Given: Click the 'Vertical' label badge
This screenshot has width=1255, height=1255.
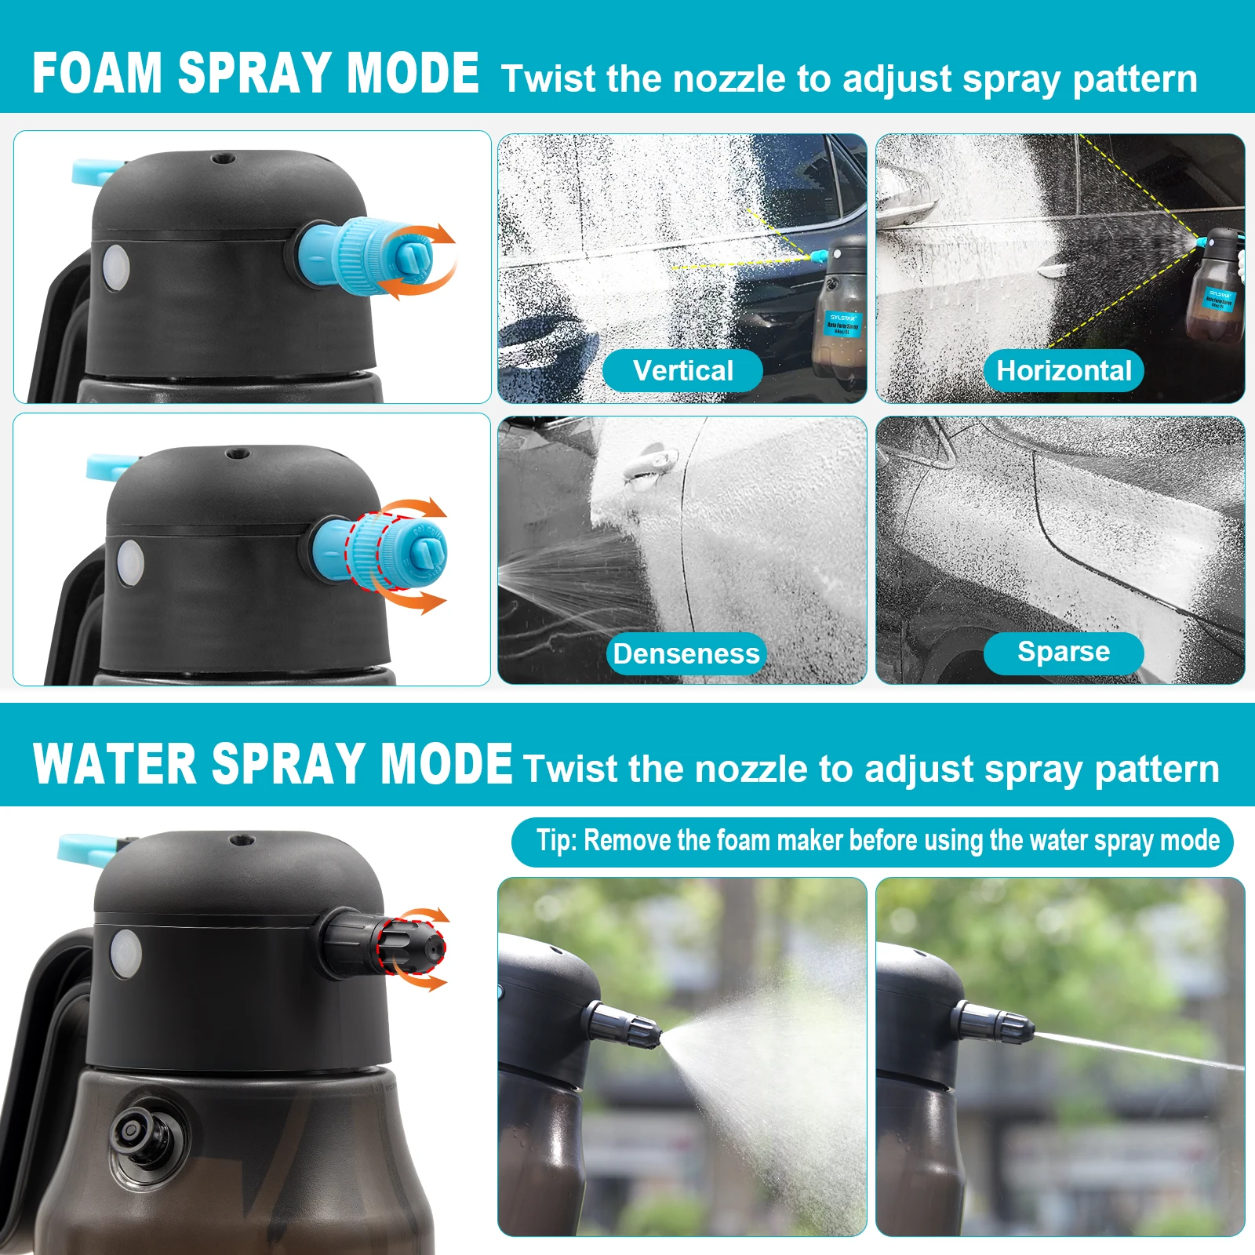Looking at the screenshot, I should click(x=682, y=371).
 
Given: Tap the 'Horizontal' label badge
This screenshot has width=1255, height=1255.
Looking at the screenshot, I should click(x=1064, y=371).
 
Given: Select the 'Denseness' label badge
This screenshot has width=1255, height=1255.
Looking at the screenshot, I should click(x=686, y=654).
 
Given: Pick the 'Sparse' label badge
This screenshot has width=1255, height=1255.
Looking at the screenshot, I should click(x=1064, y=653).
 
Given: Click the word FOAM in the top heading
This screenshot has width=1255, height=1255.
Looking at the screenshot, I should click(x=96, y=74).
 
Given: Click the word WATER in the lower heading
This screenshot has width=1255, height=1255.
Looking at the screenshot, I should click(x=114, y=764).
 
